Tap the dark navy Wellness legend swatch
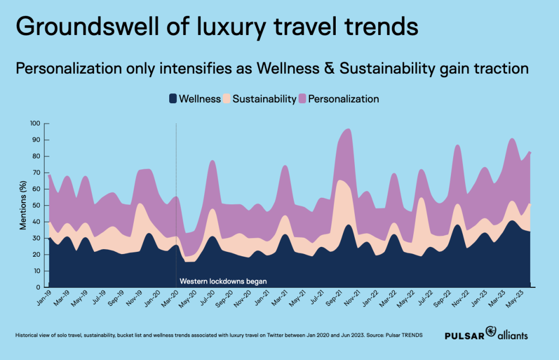173,99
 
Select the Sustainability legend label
264,99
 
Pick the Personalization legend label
343,99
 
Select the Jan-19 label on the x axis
41,298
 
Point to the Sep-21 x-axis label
332,298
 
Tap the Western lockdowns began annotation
223,281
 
